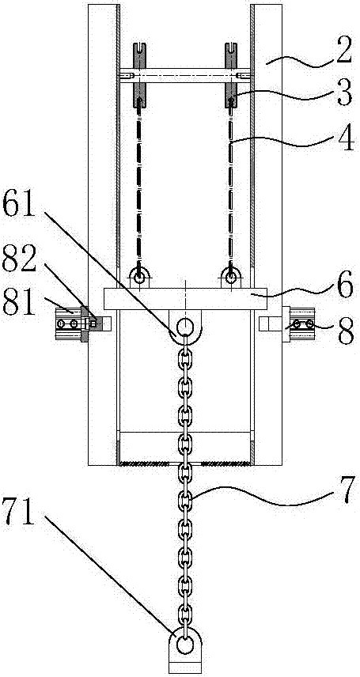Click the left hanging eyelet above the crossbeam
pyautogui.click(x=139, y=277)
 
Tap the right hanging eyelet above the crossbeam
pyautogui.click(x=231, y=277)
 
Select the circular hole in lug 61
pyautogui.click(x=184, y=326)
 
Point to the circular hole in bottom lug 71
pyautogui.click(x=184, y=647)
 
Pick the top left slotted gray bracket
pyautogui.click(x=139, y=75)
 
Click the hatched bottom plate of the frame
pyautogui.click(x=184, y=463)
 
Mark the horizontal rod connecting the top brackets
pyautogui.click(x=184, y=75)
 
